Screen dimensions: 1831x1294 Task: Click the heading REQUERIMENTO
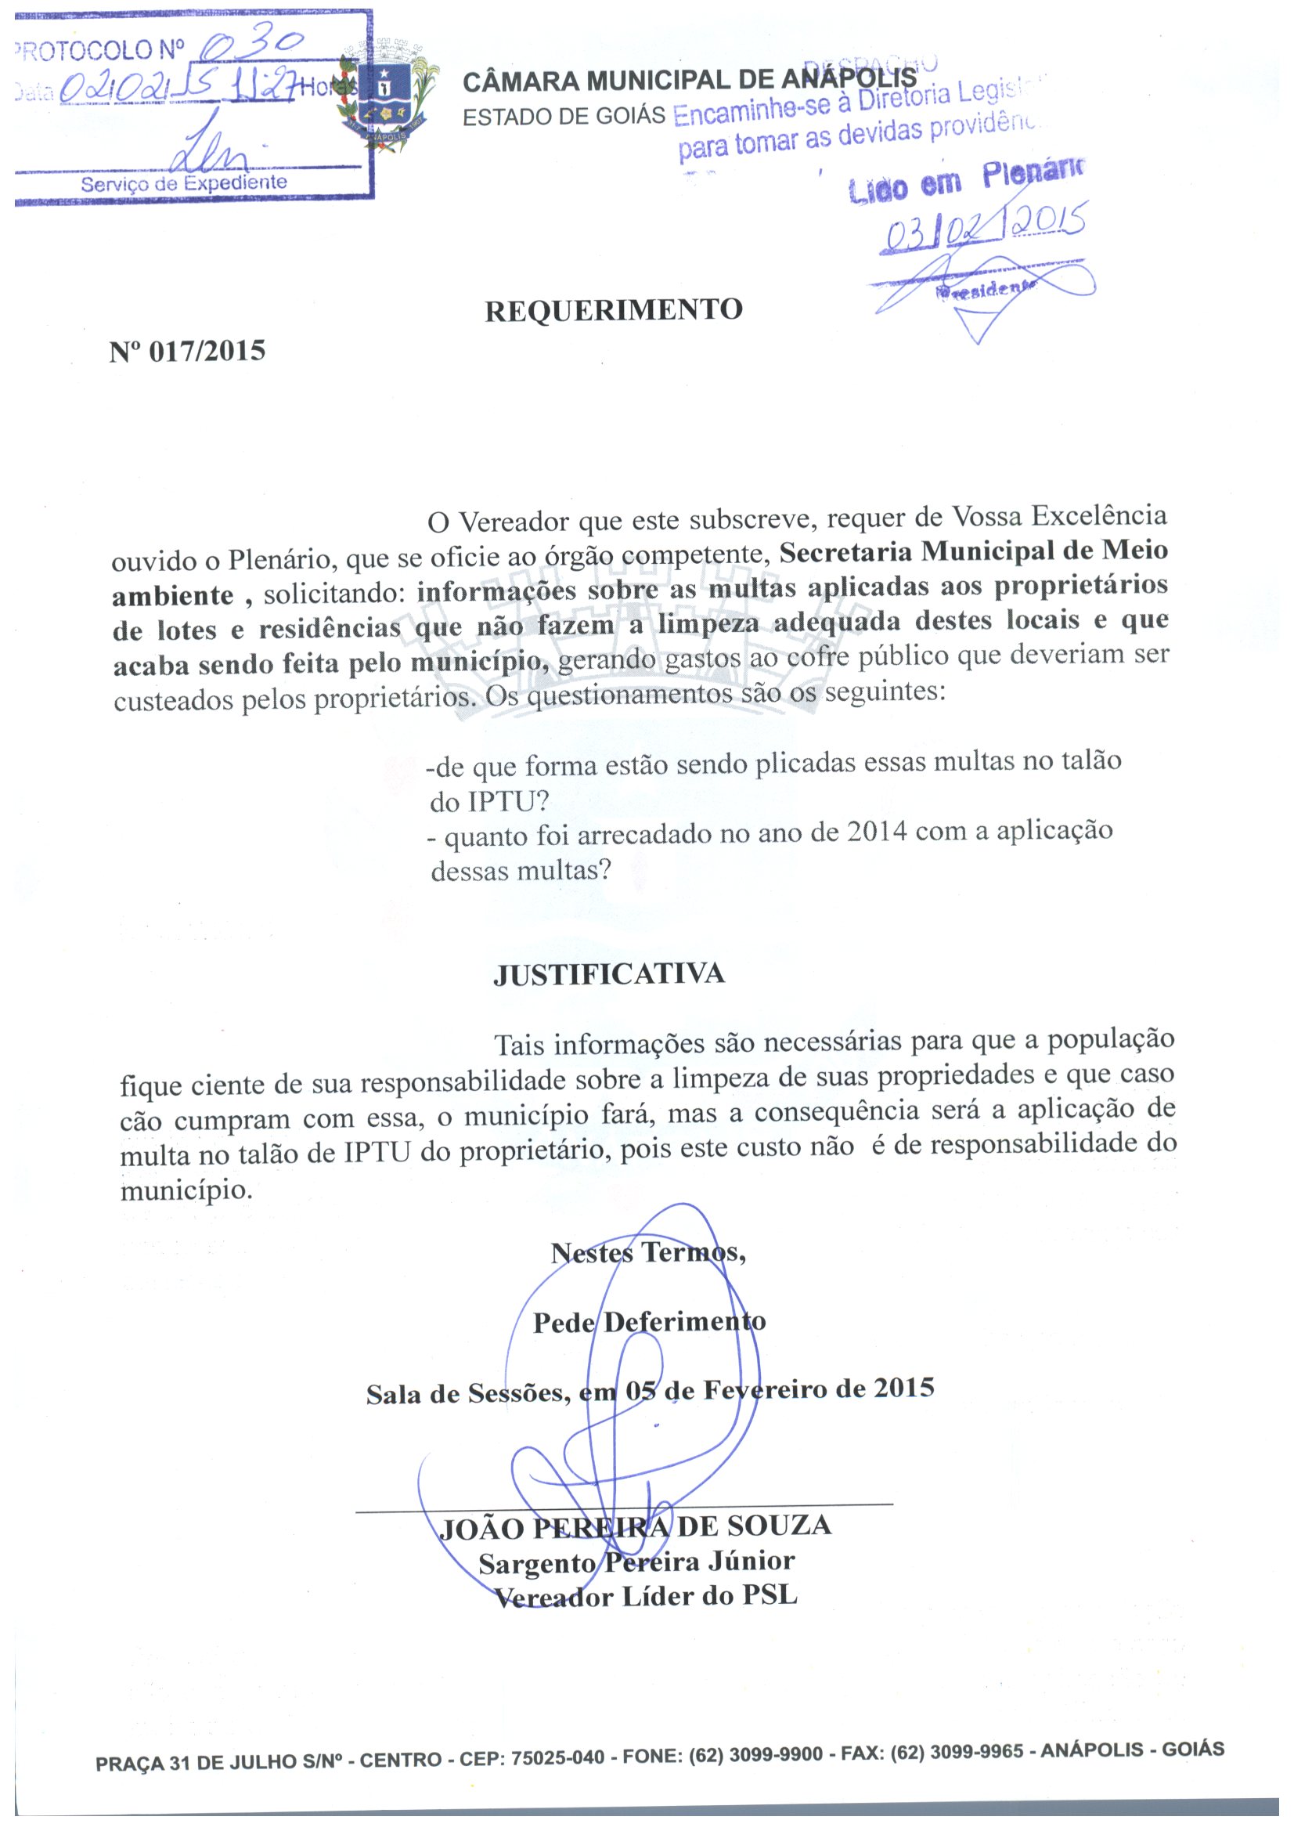[613, 310]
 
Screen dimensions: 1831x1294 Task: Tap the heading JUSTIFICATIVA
[609, 974]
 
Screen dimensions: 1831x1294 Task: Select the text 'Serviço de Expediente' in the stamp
[183, 183]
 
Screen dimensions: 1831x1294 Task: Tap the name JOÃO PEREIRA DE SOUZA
[636, 1527]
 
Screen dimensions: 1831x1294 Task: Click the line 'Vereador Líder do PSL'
[646, 1597]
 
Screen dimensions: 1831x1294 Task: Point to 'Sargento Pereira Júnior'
[636, 1562]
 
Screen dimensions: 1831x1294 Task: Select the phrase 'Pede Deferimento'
[649, 1322]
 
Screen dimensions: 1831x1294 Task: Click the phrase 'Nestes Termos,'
[648, 1253]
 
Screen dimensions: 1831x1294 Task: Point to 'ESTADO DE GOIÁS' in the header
[564, 117]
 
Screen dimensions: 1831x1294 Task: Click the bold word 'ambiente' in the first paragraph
[173, 596]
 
